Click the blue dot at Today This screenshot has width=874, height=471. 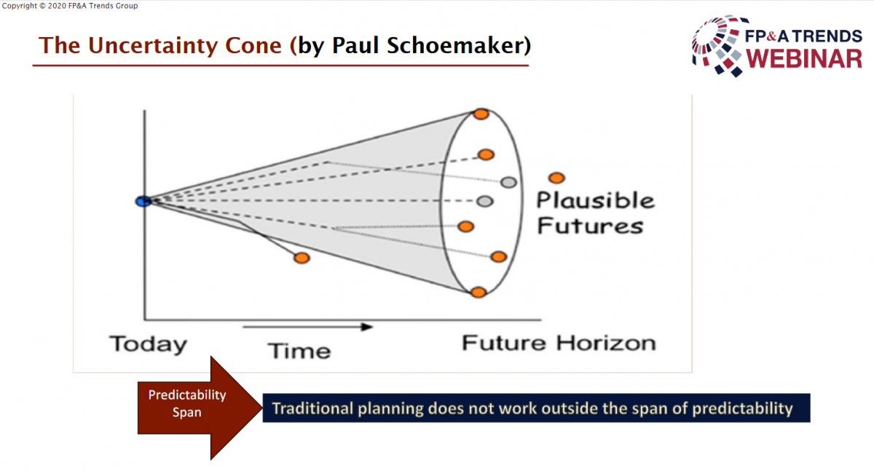[143, 201]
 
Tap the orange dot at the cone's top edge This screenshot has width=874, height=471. [481, 114]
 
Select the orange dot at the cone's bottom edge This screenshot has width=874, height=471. [479, 293]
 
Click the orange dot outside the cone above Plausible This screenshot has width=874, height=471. [556, 178]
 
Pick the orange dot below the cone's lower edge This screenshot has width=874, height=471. [302, 258]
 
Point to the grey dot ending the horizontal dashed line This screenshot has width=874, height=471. [484, 201]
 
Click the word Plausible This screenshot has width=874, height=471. [596, 200]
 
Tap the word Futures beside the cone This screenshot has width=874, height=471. [591, 226]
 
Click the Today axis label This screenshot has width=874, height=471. [149, 344]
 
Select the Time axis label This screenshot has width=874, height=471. [299, 351]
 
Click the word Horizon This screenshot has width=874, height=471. [606, 343]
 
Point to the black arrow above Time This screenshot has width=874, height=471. [308, 327]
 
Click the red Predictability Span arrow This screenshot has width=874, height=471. [200, 408]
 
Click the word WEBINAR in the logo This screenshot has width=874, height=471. [804, 59]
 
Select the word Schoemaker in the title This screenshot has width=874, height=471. [455, 45]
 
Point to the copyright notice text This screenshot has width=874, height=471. [70, 6]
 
